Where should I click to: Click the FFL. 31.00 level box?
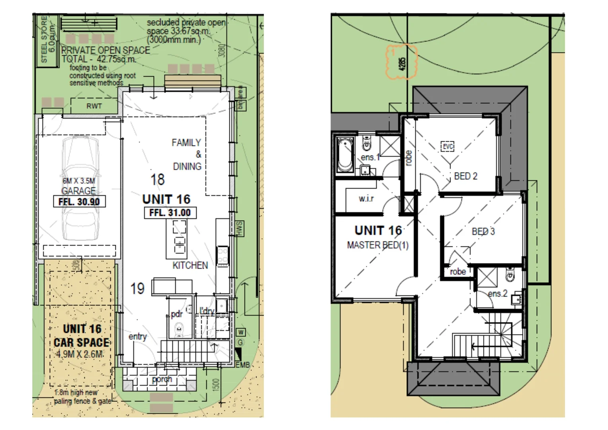click(170, 213)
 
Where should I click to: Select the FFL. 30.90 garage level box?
click(79, 201)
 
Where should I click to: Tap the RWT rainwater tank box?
click(94, 106)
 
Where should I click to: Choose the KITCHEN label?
click(190, 265)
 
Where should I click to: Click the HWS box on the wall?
click(240, 228)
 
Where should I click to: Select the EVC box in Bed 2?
click(448, 147)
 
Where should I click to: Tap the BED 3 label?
click(483, 231)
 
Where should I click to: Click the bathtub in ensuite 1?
click(345, 155)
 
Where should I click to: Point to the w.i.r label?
click(366, 198)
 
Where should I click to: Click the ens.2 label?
click(497, 293)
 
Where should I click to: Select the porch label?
click(162, 379)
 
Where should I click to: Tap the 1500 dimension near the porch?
click(216, 384)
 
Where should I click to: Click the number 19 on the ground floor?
click(137, 289)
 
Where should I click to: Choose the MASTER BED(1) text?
click(378, 245)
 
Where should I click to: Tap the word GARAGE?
click(78, 191)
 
